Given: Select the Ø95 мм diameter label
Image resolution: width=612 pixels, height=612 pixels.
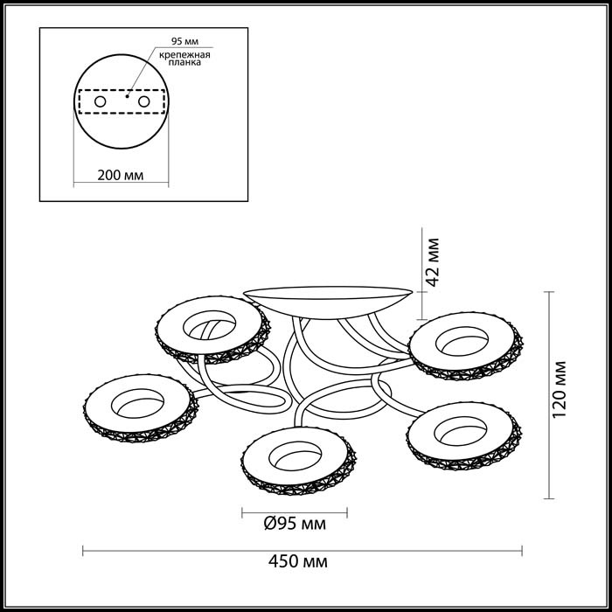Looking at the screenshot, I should pos(296,525).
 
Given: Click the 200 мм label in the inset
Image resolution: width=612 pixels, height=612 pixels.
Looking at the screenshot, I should pos(120,176).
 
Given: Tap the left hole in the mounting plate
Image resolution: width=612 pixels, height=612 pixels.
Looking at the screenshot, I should pos(100,102).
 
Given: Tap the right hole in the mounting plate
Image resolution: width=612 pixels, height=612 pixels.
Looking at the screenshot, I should pos(142,102).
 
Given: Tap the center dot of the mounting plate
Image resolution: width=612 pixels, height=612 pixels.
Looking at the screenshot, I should pos(128,98).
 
